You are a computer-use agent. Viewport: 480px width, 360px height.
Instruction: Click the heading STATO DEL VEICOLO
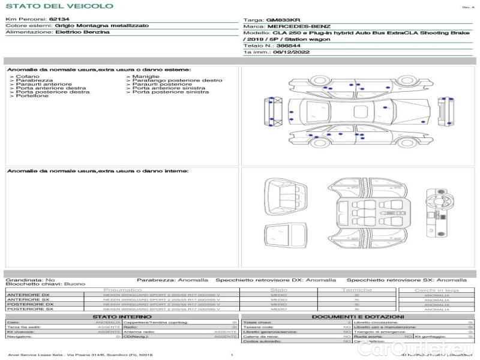point(59,6)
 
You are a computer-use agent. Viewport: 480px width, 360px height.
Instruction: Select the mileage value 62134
point(59,20)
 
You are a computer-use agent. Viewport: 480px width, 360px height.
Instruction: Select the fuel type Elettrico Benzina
point(82,32)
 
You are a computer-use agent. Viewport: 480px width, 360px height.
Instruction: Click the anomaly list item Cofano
point(28,77)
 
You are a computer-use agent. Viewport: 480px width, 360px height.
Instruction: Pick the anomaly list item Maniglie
point(146,77)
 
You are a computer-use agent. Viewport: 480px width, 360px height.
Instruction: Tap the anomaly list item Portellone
point(32,96)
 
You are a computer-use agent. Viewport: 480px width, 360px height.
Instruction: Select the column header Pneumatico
point(127,290)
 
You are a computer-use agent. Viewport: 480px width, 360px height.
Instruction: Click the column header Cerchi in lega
point(436,290)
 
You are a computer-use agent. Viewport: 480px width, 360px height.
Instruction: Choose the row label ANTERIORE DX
point(28,295)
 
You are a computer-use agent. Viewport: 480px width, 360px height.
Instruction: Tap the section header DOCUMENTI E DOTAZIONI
point(358,317)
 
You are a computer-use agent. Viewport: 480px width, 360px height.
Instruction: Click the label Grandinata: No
point(30,280)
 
